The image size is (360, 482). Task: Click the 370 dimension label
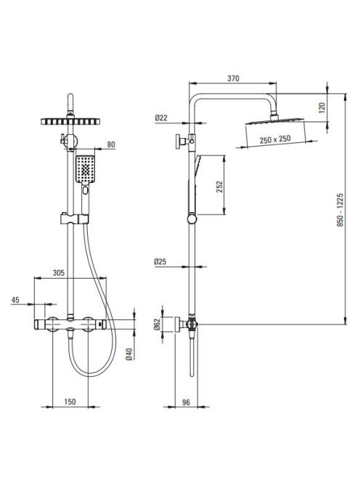pos(233,78)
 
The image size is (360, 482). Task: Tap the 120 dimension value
pos(322,108)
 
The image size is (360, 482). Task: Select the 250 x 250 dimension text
pos(275,139)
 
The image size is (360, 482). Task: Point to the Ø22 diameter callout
pos(161,118)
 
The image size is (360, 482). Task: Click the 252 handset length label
pos(219,187)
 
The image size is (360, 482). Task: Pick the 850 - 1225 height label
pos(340,210)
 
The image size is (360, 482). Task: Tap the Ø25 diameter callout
pos(160,261)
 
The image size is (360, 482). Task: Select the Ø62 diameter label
pos(157,324)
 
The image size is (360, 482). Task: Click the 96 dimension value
pos(186,402)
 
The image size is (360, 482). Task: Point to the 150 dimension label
pos(70,401)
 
